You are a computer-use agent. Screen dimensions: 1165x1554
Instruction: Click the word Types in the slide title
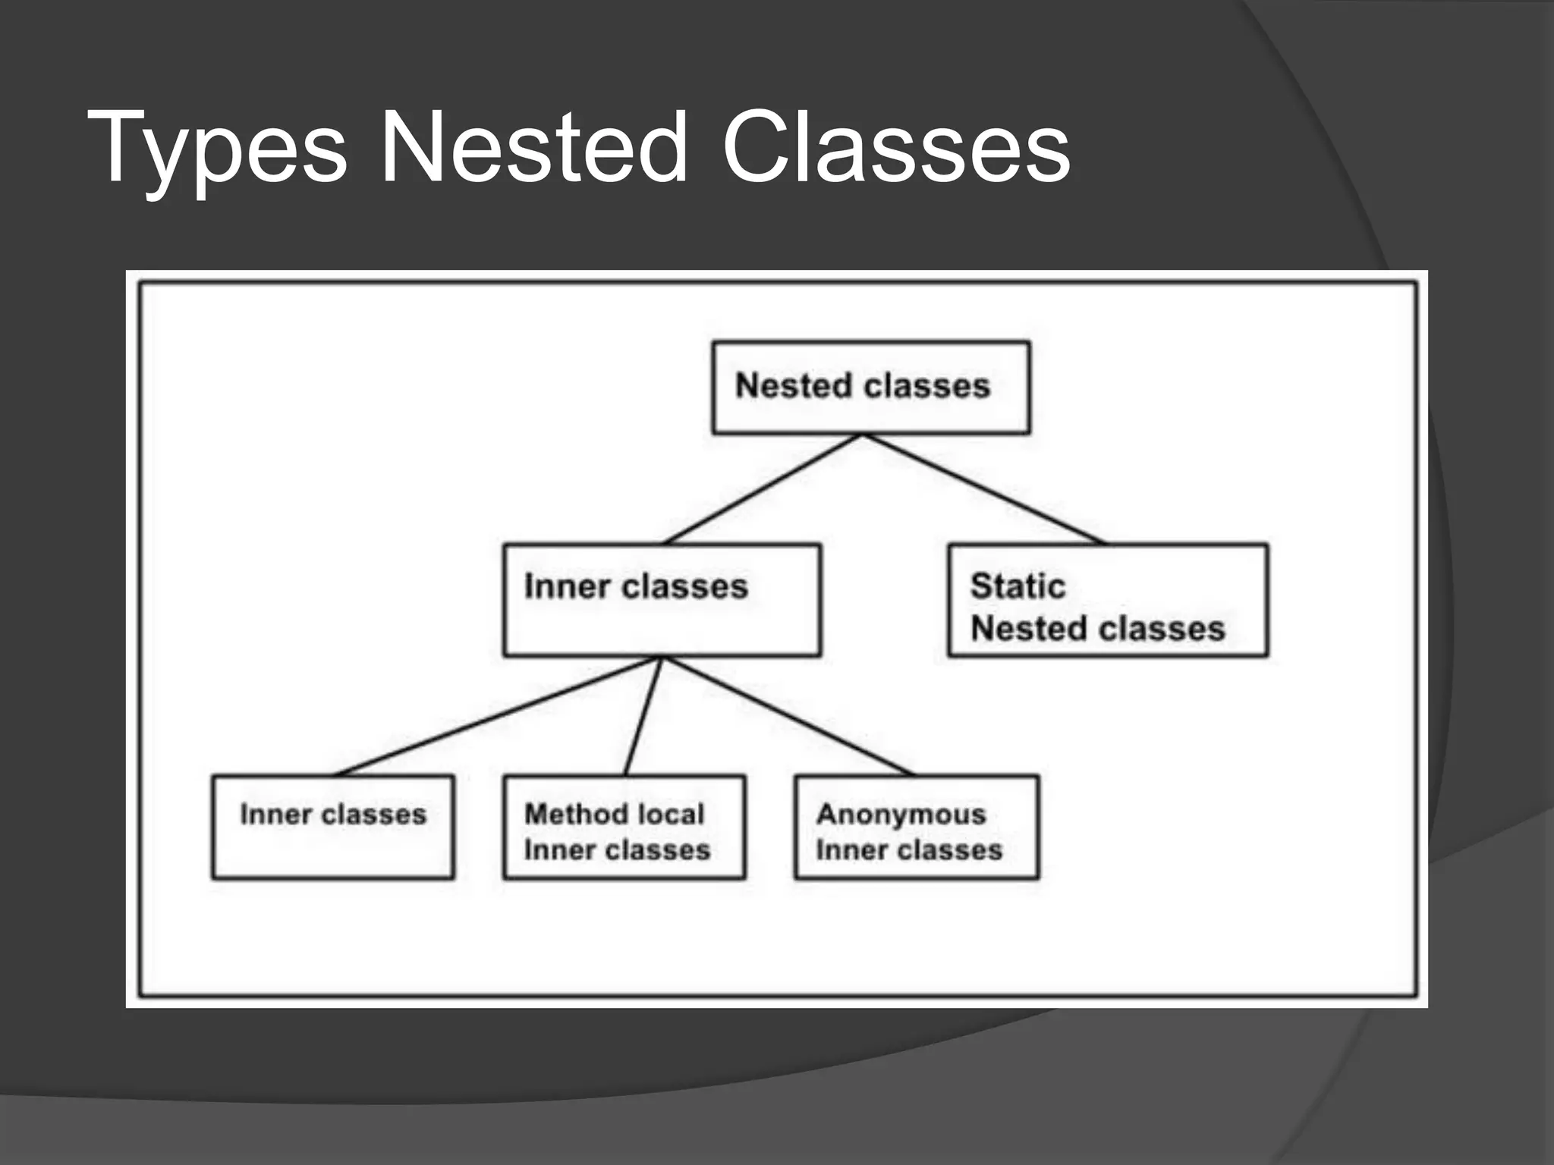(217, 148)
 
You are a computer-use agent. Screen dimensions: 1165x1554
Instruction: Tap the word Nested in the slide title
(533, 148)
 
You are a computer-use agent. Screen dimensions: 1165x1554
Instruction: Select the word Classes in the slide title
(895, 148)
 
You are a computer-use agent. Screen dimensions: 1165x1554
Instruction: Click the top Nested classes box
(870, 388)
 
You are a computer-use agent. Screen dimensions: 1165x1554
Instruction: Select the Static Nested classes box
(1107, 600)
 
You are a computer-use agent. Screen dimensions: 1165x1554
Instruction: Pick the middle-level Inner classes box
(662, 600)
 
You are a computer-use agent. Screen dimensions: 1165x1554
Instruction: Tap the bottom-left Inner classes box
(333, 827)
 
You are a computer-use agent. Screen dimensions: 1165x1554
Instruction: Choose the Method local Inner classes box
(624, 827)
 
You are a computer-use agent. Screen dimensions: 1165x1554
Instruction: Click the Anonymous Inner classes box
(916, 827)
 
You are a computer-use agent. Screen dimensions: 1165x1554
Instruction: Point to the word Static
(1018, 586)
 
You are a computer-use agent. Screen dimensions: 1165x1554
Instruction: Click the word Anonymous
(901, 815)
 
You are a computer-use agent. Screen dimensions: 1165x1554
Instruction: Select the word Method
(572, 815)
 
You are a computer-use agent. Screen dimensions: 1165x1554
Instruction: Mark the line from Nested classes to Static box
(984, 489)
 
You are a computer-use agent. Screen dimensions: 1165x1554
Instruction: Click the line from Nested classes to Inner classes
(763, 489)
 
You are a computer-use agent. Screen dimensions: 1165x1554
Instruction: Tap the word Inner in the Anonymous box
(844, 850)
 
